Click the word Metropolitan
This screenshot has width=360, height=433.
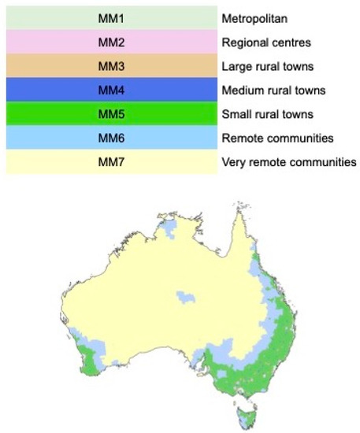tap(254, 17)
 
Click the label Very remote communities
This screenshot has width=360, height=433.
tap(289, 162)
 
